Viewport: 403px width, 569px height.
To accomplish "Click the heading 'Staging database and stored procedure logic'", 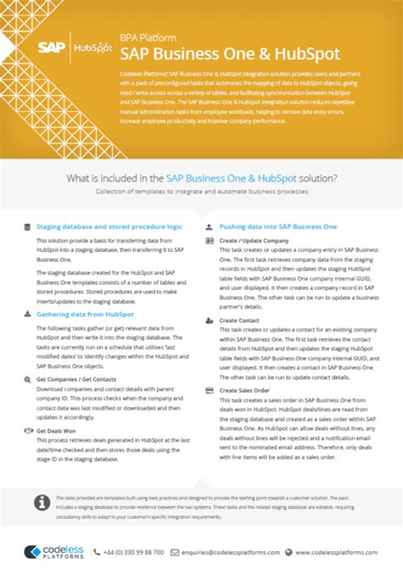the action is [x=109, y=226].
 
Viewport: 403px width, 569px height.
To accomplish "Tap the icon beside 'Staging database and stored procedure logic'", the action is [x=27, y=226].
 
